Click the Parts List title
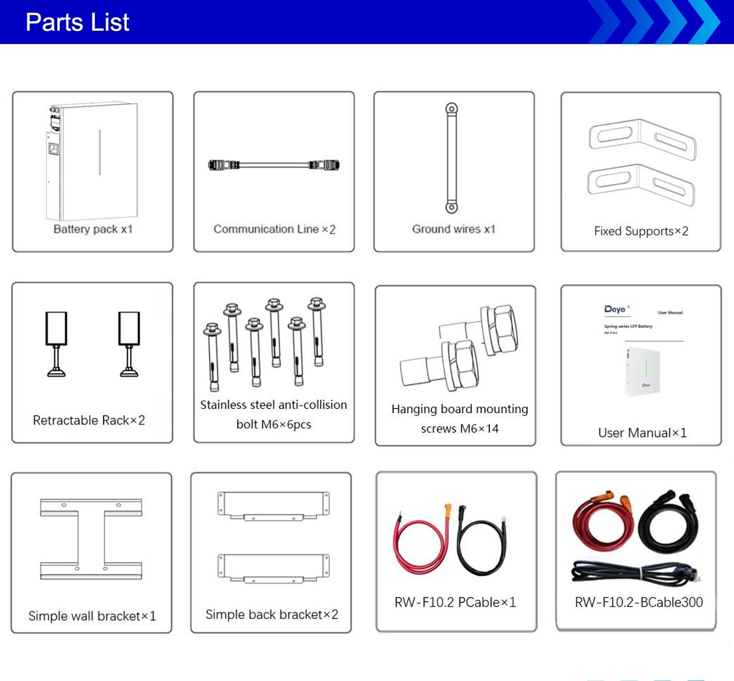point(77,23)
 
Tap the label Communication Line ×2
point(274,229)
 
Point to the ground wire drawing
point(451,158)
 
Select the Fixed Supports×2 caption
point(641,231)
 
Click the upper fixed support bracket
point(642,139)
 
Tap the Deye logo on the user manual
point(615,309)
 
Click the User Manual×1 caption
point(642,432)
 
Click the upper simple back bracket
point(274,506)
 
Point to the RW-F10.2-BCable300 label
point(639,602)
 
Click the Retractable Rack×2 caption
point(89,420)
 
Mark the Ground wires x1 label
point(454,229)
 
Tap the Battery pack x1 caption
point(93,229)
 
